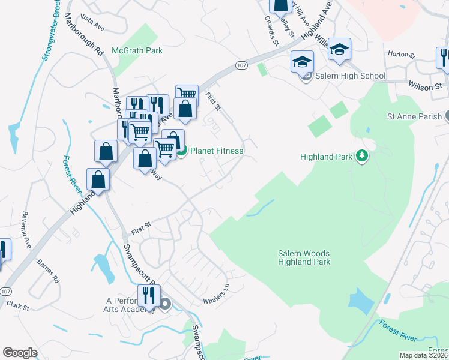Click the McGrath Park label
pos(137,51)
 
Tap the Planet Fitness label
pos(217,151)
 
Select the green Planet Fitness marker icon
pos(182,151)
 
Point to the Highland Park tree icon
pos(361,157)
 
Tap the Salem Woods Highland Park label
pos(304,257)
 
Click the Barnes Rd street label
pos(48,272)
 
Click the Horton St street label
pos(402,55)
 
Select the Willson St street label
pos(425,87)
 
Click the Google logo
pos(20,353)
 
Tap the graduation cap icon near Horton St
pos(339,50)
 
